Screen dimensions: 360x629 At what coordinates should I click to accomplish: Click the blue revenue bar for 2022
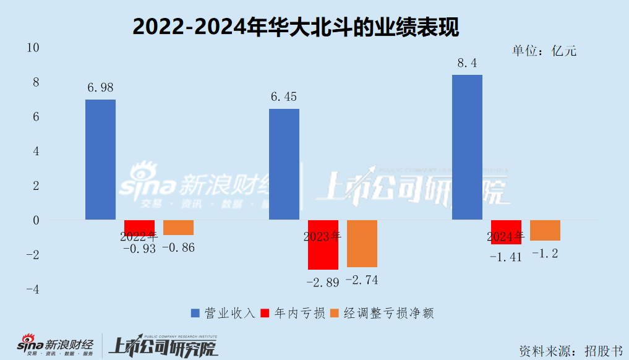[100, 160]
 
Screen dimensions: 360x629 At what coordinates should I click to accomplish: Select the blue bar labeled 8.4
[467, 147]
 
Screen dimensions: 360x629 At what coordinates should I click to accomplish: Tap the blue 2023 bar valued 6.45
[284, 164]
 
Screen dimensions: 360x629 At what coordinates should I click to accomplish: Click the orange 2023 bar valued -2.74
[362, 243]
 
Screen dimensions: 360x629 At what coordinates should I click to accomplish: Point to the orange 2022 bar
[178, 227]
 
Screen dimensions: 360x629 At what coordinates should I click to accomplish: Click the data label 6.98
[100, 88]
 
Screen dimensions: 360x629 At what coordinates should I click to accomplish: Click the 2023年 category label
[322, 236]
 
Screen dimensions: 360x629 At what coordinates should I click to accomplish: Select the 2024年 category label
[505, 236]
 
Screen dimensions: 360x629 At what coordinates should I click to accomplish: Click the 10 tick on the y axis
[33, 48]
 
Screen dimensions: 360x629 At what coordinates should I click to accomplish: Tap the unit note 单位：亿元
[544, 51]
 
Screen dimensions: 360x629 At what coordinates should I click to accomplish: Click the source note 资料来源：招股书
[570, 349]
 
